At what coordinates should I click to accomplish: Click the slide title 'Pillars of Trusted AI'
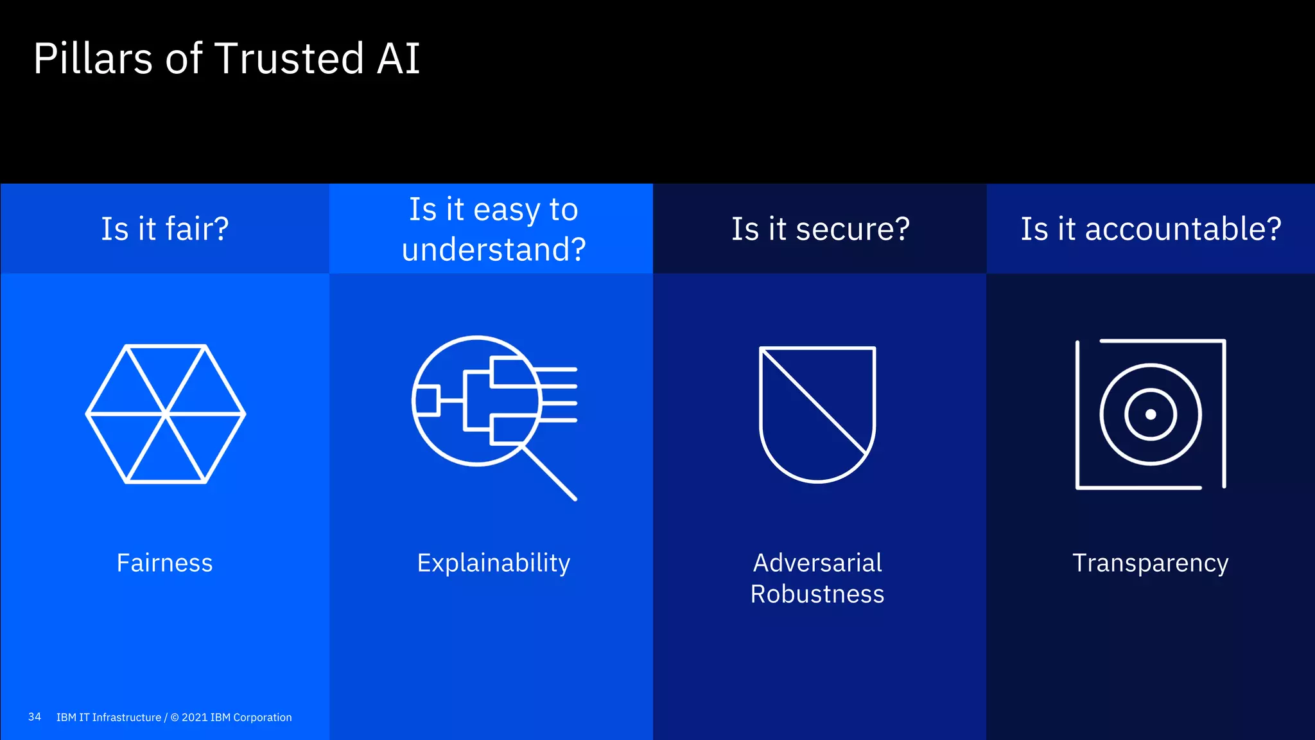[x=227, y=58]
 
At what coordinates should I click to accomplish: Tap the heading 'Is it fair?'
[x=165, y=229]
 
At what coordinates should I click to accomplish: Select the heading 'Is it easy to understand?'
[x=493, y=229]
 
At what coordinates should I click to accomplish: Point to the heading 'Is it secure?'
[x=820, y=229]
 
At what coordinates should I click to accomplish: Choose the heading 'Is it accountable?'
[x=1151, y=229]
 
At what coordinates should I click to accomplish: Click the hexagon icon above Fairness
[x=166, y=414]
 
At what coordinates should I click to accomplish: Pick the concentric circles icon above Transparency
[x=1151, y=414]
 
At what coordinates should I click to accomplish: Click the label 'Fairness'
[x=164, y=563]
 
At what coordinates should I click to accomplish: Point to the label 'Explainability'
[x=493, y=563]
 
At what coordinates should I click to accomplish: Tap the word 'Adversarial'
[x=817, y=563]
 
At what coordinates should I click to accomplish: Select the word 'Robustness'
[x=817, y=594]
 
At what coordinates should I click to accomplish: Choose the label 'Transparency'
[x=1151, y=563]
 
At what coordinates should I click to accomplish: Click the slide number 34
[x=35, y=717]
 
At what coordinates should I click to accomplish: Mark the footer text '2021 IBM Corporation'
[x=236, y=718]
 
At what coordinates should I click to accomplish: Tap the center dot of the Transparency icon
[x=1151, y=414]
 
